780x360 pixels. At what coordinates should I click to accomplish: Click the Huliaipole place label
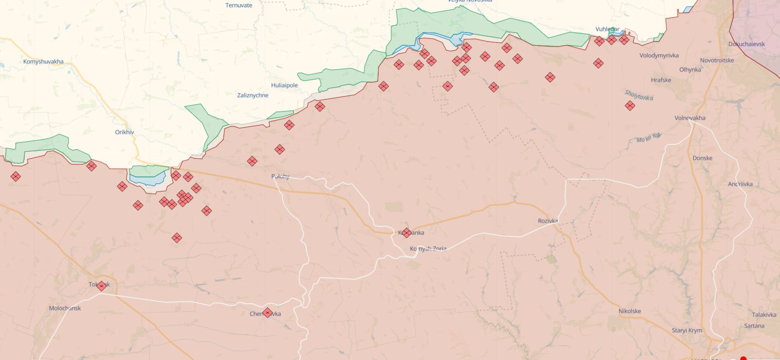[284, 85]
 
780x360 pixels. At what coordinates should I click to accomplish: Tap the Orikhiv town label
[125, 132]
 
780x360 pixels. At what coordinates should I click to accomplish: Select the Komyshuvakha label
[43, 62]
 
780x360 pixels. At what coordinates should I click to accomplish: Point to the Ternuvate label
[239, 5]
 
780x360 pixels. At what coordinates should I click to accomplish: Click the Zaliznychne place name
[253, 95]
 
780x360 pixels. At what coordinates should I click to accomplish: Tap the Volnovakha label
[690, 118]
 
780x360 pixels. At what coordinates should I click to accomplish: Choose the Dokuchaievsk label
[747, 44]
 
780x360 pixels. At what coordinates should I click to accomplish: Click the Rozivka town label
[548, 221]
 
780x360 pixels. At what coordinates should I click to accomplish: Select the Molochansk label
[65, 309]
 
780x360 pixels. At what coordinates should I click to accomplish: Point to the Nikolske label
[630, 311]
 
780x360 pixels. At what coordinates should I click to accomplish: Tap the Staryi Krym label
[687, 331]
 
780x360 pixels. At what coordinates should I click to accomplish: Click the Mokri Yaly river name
[649, 138]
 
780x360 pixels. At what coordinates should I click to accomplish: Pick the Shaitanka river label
[639, 95]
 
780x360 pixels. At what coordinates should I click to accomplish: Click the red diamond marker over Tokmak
[102, 286]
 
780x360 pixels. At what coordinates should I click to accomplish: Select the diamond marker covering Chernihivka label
[267, 313]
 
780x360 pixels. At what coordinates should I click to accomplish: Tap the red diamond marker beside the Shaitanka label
[630, 106]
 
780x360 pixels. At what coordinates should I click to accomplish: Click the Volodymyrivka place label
[659, 55]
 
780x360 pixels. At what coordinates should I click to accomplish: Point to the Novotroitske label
[717, 60]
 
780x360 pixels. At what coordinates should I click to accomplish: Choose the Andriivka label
[740, 184]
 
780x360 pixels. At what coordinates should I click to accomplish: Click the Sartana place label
[754, 326]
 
